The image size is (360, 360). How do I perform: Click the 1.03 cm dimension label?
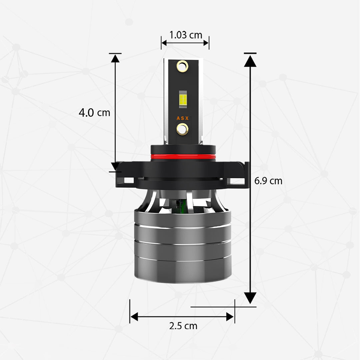point(186,35)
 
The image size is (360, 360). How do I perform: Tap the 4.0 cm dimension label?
point(94,113)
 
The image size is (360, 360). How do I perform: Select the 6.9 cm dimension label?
point(268,181)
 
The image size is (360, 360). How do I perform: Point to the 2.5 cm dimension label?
point(183,326)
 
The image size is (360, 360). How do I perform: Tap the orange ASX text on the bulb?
point(183,118)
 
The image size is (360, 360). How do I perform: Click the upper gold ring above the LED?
point(182,66)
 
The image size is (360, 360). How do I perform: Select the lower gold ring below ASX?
point(182,129)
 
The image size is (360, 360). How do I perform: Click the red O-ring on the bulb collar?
point(183,156)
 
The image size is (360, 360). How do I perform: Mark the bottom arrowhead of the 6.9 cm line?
point(250,297)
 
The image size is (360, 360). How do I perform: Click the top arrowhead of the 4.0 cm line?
point(115,59)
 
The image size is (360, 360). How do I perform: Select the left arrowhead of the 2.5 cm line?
point(134,317)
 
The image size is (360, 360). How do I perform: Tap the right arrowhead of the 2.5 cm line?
point(230,317)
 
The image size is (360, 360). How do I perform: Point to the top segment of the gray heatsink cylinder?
point(183,218)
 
